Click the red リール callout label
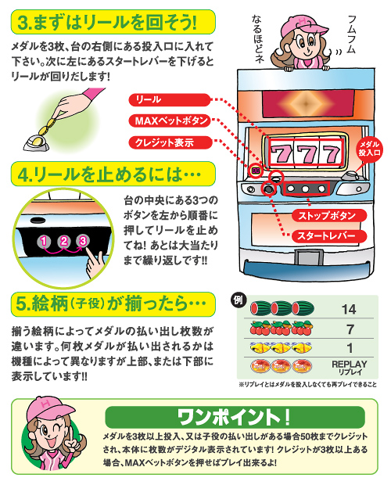[170, 100]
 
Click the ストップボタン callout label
[329, 215]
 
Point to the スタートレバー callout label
[329, 236]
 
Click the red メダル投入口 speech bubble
[369, 149]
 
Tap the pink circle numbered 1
[45, 241]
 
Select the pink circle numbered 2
[63, 241]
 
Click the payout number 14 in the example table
[349, 309]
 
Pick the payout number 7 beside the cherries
[350, 329]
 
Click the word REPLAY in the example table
[350, 364]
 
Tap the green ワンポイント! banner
[235, 417]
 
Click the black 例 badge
[239, 300]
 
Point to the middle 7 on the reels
[307, 154]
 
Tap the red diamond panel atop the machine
[308, 104]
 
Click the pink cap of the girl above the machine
[303, 26]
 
